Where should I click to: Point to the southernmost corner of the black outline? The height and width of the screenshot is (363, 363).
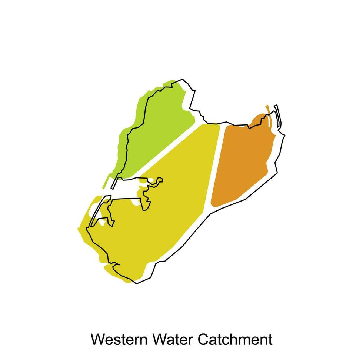136,284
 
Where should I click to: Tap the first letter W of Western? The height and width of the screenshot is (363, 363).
97,339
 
